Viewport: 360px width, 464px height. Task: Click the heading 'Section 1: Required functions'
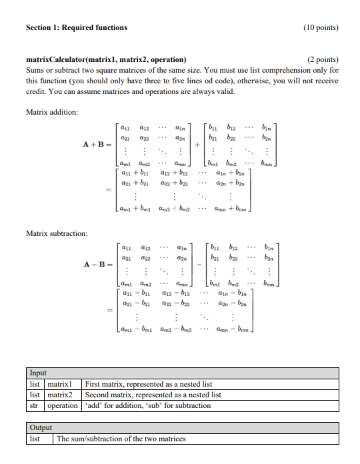(x=76, y=27)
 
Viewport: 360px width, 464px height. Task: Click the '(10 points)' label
(x=321, y=27)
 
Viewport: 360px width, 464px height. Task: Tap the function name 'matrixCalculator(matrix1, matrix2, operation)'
(x=105, y=59)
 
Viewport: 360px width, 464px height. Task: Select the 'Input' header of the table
(x=38, y=373)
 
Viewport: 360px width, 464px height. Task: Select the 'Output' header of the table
(x=41, y=427)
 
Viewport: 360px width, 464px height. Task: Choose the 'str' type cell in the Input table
(x=35, y=405)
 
